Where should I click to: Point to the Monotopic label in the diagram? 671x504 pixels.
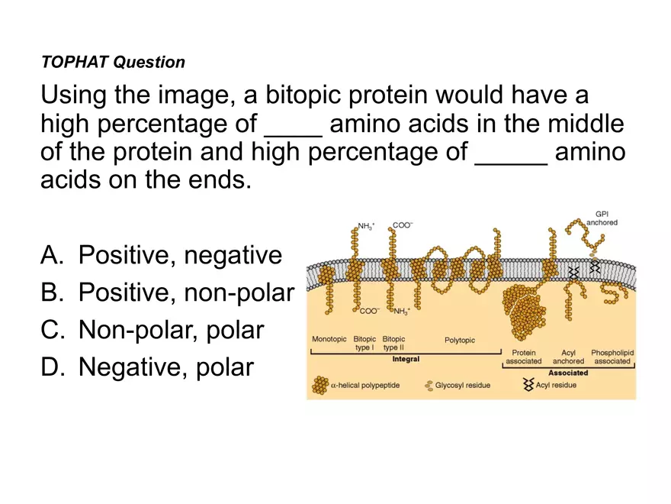pos(329,339)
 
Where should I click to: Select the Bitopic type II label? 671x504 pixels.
pos(393,343)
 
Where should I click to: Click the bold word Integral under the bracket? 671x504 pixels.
pos(405,359)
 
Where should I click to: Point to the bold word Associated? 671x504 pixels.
pos(568,373)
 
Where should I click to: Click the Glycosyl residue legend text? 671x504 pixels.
pos(462,385)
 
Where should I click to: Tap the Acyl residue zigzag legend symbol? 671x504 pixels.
pos(528,385)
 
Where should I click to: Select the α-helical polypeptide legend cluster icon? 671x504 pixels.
pos(319,384)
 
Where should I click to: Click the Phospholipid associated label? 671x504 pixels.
pos(612,357)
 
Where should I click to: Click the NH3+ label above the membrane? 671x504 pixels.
pos(367,226)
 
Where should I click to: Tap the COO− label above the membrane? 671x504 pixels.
pos(402,225)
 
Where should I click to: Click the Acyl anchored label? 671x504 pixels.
pos(568,357)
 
